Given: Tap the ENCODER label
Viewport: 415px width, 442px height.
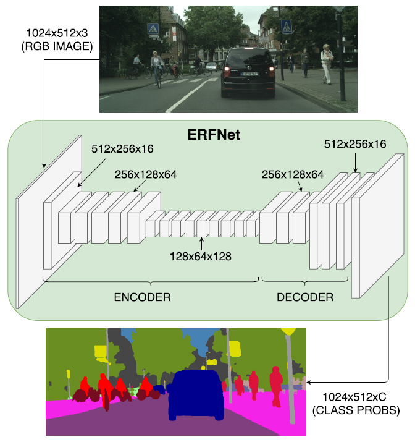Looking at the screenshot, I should click(x=142, y=297).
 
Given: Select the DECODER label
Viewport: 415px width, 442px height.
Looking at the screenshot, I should click(x=305, y=297).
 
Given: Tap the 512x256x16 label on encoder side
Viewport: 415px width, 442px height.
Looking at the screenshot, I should click(x=122, y=149).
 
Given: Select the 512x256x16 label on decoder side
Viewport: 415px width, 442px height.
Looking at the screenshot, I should click(x=355, y=144).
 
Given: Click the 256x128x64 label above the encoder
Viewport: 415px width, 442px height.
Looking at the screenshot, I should click(x=146, y=174).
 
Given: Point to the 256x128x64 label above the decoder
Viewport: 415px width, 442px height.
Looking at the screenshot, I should click(x=293, y=174).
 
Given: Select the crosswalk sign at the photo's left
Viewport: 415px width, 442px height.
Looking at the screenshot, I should click(x=152, y=28).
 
